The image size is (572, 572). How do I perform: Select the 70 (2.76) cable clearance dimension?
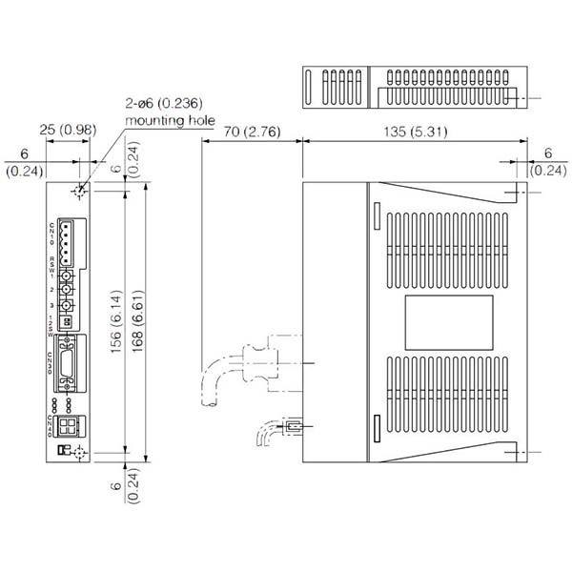point(246,132)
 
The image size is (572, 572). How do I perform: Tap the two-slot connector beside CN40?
point(69,425)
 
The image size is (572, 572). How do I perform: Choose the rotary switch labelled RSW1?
point(68,284)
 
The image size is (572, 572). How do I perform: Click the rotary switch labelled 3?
point(68,305)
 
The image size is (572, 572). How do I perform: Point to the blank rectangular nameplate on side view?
point(449,321)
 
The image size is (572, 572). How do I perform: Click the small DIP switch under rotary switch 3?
point(68,321)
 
